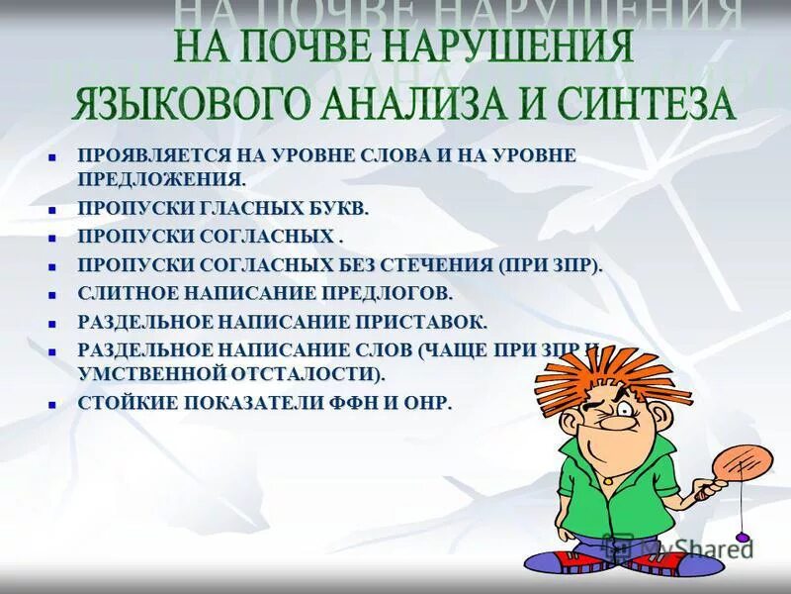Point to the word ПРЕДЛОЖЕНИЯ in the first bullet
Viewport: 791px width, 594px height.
point(161,179)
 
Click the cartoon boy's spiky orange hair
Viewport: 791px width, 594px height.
point(593,371)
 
